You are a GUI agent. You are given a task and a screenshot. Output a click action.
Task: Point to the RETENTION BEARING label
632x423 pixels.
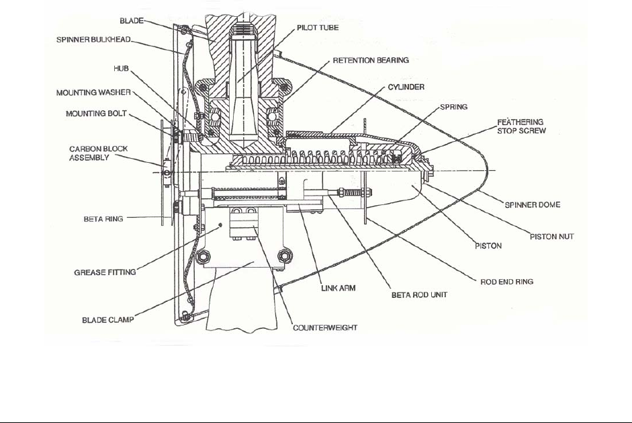click(371, 61)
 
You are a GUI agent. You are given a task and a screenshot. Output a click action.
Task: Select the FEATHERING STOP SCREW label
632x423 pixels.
click(521, 126)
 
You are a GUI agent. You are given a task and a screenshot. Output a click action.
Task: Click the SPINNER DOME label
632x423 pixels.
click(532, 204)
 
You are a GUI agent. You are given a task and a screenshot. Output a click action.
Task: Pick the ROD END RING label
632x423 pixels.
click(506, 282)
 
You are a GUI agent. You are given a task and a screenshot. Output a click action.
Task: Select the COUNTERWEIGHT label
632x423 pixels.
click(325, 328)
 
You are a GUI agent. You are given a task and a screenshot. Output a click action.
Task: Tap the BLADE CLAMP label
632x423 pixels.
click(107, 321)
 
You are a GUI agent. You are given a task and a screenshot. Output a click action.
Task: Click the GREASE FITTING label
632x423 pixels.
click(105, 272)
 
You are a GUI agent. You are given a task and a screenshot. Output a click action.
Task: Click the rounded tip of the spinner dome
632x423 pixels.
click(495, 171)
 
